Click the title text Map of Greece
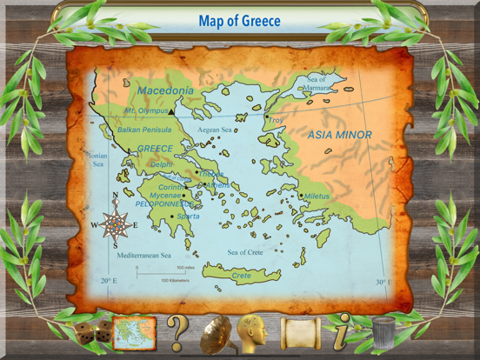coord(239,20)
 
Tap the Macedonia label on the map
coord(164,90)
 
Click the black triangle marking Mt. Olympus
coord(173,112)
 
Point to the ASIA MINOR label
coord(340,135)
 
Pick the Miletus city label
coord(317,196)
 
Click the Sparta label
coord(189,216)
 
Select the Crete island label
coord(242,276)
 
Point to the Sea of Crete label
coord(245,252)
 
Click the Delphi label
coord(162,163)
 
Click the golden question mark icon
coord(177,331)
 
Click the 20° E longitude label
coord(109,281)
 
